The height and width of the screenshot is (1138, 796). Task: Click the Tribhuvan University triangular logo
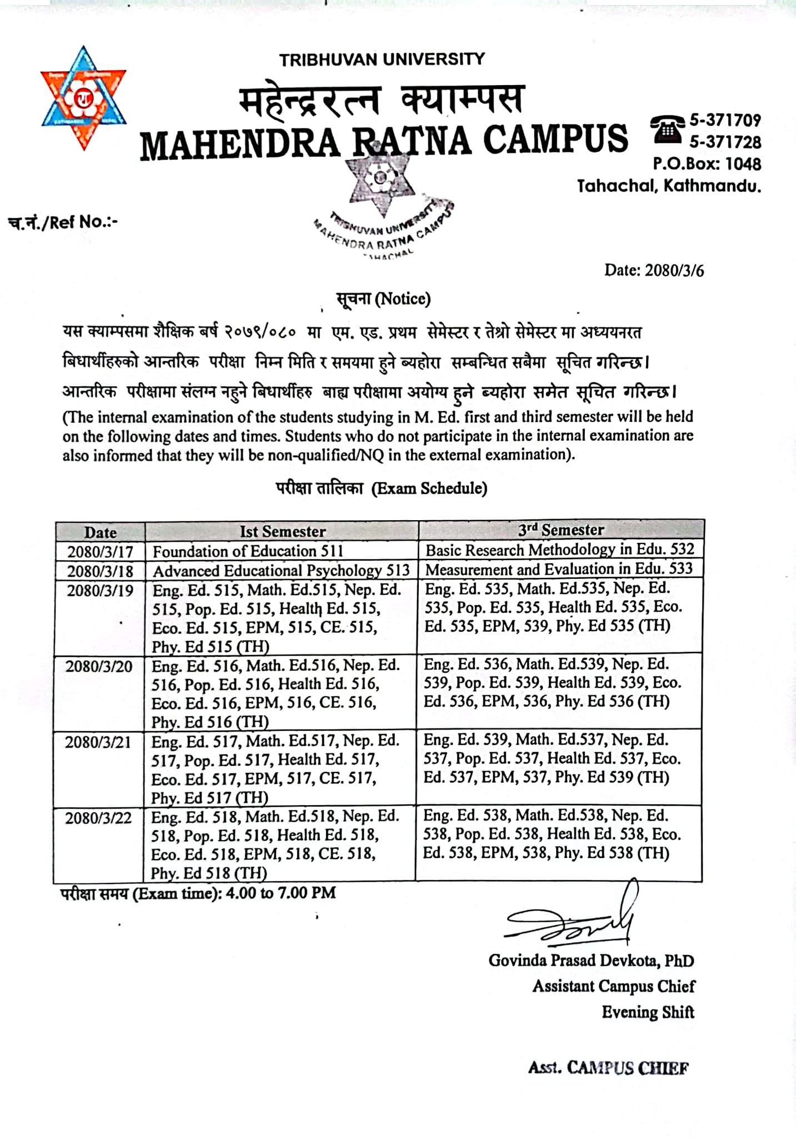[84, 98]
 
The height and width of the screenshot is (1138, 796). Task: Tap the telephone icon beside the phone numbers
[668, 130]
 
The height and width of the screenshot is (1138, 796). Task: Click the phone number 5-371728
[725, 142]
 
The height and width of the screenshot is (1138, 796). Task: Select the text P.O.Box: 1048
[707, 164]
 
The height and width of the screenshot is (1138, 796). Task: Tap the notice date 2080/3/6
[654, 271]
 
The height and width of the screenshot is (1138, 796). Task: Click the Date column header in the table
[100, 532]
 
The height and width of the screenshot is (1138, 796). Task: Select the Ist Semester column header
[282, 532]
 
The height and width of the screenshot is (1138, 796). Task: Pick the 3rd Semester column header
[561, 530]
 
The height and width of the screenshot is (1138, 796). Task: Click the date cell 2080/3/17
[100, 552]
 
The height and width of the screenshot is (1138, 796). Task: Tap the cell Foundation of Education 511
[248, 551]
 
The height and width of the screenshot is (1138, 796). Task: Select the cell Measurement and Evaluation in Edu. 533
[559, 570]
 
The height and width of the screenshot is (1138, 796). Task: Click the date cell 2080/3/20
[99, 666]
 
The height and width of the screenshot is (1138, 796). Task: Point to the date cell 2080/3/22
[98, 818]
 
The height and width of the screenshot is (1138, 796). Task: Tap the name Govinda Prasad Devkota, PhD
[591, 961]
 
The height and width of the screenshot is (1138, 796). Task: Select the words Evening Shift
[648, 1012]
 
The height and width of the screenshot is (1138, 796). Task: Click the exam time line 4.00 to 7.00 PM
[198, 894]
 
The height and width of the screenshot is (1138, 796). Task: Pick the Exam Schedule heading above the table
[382, 488]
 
